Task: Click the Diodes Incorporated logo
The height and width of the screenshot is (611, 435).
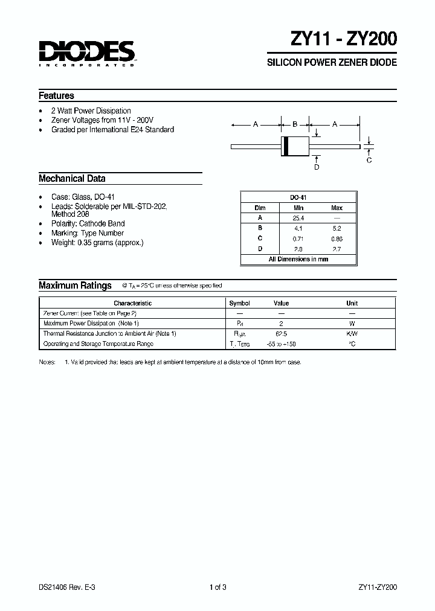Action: click(86, 53)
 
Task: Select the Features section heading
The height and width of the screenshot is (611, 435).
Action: click(56, 95)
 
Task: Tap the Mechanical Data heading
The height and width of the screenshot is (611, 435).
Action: click(72, 179)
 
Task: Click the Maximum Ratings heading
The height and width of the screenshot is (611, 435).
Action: click(75, 286)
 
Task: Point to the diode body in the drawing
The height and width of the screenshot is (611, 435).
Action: click(295, 146)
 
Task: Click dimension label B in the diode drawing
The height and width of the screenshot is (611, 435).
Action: click(295, 124)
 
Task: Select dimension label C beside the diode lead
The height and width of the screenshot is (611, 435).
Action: click(369, 160)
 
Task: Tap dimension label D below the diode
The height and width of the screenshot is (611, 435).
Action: click(317, 167)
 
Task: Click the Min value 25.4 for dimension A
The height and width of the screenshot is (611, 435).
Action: click(298, 218)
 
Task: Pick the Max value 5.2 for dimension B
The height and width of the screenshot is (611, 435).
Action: click(337, 229)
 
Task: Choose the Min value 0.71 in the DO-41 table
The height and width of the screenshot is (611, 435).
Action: click(298, 239)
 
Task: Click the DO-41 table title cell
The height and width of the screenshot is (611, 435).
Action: click(298, 197)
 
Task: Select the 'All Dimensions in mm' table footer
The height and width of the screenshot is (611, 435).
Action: click(298, 259)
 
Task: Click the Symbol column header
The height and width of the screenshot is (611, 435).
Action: click(239, 303)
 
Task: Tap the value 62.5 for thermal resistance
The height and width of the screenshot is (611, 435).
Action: click(281, 333)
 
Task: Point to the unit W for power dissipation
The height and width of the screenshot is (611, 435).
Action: click(352, 324)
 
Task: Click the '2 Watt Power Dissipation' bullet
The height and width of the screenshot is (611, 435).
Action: click(91, 111)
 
